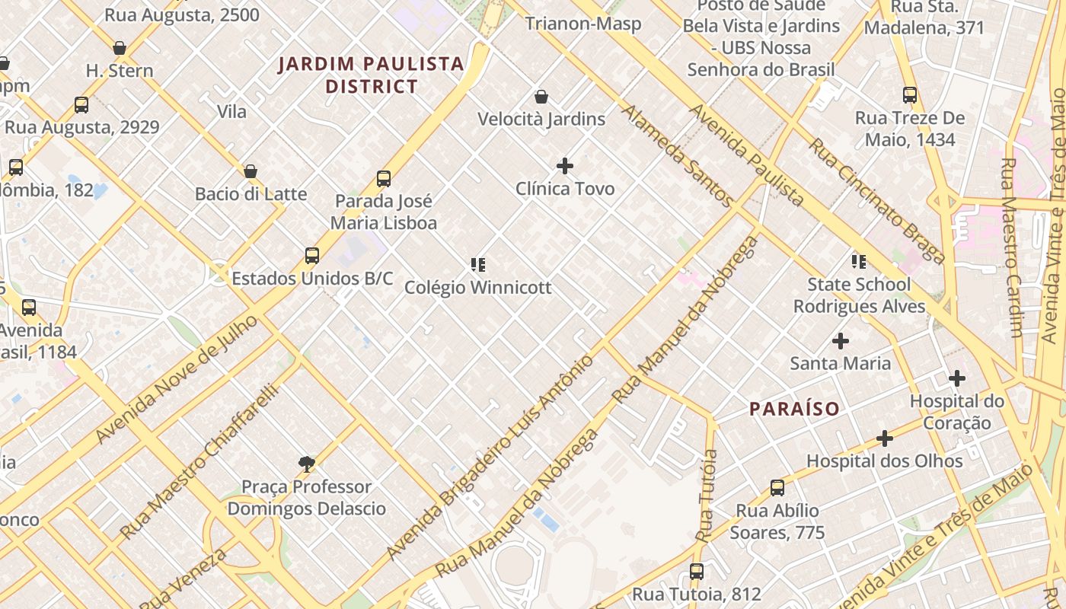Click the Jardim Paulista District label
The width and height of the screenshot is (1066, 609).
371,75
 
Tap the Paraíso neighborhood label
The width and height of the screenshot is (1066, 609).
794,409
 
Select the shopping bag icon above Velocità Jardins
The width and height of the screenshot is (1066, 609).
541,97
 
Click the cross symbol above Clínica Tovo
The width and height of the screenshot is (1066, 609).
565,165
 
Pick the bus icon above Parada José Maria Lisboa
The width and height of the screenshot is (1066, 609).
384,179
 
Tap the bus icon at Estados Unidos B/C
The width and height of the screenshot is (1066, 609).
312,255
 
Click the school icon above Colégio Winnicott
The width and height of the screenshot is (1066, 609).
478,265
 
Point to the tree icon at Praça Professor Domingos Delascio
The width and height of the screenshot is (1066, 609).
307,464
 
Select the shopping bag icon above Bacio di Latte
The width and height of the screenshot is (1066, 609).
251,171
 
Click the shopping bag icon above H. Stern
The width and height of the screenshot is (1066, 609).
120,48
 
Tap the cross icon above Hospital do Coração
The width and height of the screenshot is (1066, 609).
957,378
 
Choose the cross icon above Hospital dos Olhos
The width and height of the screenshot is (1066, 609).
884,438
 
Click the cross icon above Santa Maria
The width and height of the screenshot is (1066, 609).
841,341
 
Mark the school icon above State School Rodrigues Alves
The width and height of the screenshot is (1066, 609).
859,262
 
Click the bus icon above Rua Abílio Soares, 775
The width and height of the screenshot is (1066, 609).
777,488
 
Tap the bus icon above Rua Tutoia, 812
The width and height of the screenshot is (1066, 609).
697,571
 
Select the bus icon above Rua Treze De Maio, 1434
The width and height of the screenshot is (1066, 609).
910,95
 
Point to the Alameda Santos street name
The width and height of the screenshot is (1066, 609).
678,156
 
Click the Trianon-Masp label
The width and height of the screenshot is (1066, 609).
583,24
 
